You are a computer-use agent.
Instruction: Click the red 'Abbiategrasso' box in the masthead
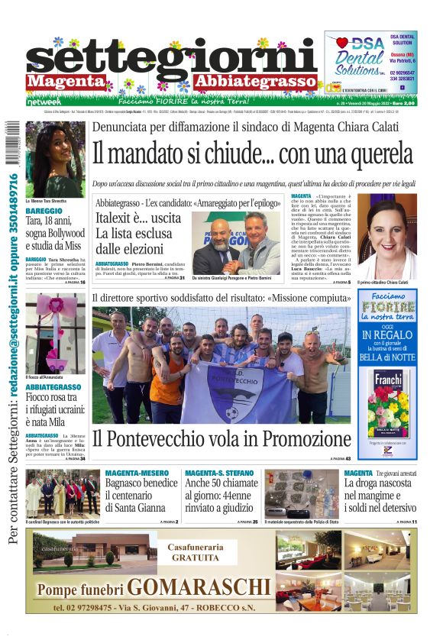tap(254, 81)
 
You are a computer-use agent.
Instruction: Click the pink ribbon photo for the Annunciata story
tap(55, 334)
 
